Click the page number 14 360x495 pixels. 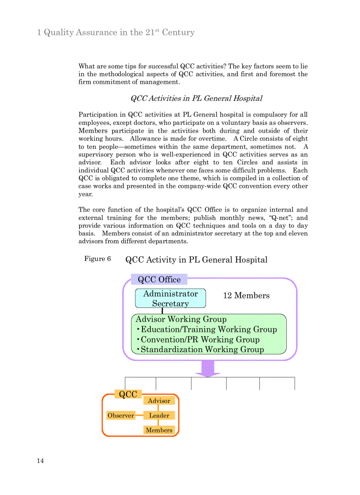pyautogui.click(x=40, y=461)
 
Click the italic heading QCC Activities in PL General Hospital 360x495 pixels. pyautogui.click(x=196, y=98)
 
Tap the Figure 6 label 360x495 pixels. pyautogui.click(x=97, y=259)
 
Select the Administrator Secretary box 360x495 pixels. pyautogui.click(x=170, y=298)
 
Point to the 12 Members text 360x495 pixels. pyautogui.click(x=246, y=296)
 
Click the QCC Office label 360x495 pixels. pyautogui.click(x=159, y=279)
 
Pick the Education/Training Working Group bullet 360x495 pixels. pyautogui.click(x=206, y=329)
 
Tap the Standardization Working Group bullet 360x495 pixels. pyautogui.click(x=200, y=350)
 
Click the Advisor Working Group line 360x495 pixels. pyautogui.click(x=181, y=319)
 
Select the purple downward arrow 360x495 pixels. pyautogui.click(x=208, y=368)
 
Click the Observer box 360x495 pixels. pyautogui.click(x=121, y=415)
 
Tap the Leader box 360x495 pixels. pyautogui.click(x=159, y=415)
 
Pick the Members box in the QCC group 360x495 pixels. pyautogui.click(x=159, y=430)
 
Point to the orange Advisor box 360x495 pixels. pyautogui.click(x=159, y=401)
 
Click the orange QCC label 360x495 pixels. pyautogui.click(x=128, y=394)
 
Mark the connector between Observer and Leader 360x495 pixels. pyautogui.click(x=139, y=415)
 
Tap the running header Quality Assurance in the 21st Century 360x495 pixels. pyautogui.click(x=116, y=33)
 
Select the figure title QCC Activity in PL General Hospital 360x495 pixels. pyautogui.click(x=196, y=260)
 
